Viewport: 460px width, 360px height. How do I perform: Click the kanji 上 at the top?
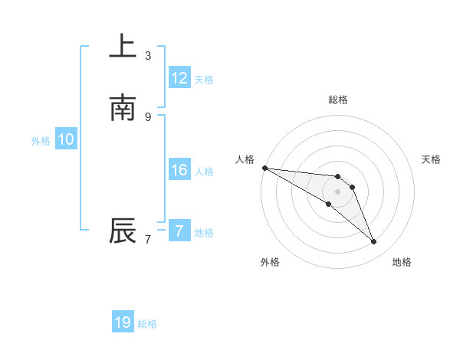coord(123,46)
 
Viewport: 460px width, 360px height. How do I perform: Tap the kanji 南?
coord(123,108)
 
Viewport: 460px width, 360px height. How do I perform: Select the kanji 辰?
coord(123,231)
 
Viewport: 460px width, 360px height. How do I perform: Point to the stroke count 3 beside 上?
coord(148,55)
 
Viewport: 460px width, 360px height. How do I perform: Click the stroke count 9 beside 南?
coord(148,116)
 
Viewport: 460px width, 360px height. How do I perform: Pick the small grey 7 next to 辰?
coord(148,240)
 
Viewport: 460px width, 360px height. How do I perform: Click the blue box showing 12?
coord(179,78)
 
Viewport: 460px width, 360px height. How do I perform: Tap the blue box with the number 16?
coord(179,170)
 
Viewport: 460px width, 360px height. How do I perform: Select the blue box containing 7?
coord(179,231)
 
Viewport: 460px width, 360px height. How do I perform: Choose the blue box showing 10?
coord(66,139)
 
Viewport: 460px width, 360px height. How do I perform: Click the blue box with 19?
coord(123,322)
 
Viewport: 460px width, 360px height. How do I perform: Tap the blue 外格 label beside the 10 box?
coord(41,141)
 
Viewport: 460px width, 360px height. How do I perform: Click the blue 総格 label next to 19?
coord(147,324)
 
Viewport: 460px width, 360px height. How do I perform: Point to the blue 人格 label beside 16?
coord(204,172)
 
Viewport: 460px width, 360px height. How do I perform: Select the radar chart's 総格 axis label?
coord(337,100)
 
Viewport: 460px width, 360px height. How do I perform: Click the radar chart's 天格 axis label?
coord(432,159)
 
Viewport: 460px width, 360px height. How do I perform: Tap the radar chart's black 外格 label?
coord(269,262)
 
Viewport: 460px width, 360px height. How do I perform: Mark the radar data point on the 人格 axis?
coord(264,168)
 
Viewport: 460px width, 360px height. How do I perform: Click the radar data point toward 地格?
coord(373,242)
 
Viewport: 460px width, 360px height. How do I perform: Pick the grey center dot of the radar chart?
coord(337,191)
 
